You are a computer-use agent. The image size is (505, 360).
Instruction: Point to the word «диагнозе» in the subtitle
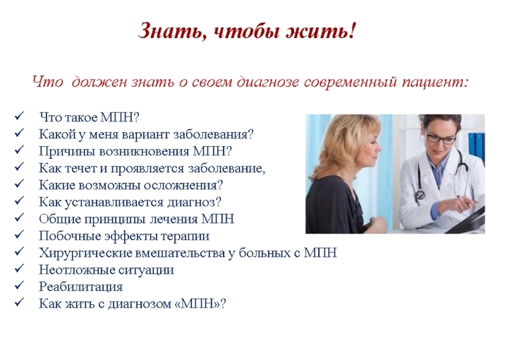tap(268, 82)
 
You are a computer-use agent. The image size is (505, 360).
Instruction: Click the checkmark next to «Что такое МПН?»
tap(19, 116)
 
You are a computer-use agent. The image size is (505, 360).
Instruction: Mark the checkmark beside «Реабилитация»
tap(19, 285)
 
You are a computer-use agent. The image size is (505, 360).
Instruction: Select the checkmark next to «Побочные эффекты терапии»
tap(19, 234)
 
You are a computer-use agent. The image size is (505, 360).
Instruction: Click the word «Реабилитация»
tap(81, 287)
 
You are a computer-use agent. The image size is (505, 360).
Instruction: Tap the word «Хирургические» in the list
tap(85, 253)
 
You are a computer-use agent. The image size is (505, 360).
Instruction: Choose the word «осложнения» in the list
tap(183, 186)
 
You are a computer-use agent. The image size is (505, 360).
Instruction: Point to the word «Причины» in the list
tap(67, 152)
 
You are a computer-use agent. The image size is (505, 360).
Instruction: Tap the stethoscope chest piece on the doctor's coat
tap(420, 194)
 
